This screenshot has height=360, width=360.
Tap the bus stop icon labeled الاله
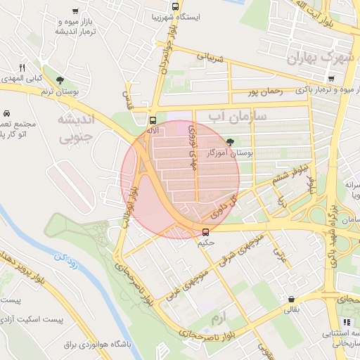pos(153,119)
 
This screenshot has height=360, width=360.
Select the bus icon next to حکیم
pos(205,231)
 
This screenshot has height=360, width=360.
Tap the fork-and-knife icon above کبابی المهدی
pos(22,67)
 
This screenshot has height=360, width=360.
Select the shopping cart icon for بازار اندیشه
pos(75,11)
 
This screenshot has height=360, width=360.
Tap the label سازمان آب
pos(237,117)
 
